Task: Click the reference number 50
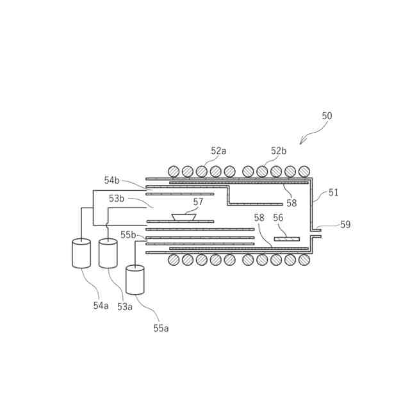click(x=327, y=116)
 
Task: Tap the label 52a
click(x=218, y=151)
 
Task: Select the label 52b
click(x=278, y=151)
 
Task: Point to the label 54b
click(x=112, y=181)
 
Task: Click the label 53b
click(x=117, y=199)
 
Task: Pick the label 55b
click(x=128, y=235)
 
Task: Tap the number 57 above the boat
click(x=198, y=202)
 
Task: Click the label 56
click(x=278, y=218)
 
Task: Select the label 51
click(x=334, y=192)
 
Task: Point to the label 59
click(x=345, y=225)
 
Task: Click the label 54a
click(x=101, y=306)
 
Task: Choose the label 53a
click(x=124, y=307)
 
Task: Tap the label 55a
click(x=161, y=328)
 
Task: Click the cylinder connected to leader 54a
click(x=81, y=254)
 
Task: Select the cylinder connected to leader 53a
click(x=108, y=254)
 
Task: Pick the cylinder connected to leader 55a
click(x=135, y=280)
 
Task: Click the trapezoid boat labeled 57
click(x=184, y=218)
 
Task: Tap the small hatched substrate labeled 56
click(x=286, y=239)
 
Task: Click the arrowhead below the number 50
click(x=301, y=143)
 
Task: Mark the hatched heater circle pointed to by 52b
click(x=262, y=172)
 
